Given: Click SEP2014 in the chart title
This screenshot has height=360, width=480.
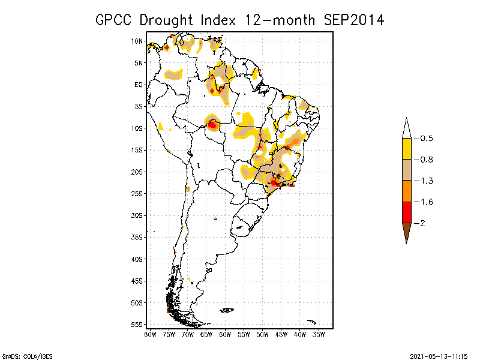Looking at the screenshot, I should tap(353, 20).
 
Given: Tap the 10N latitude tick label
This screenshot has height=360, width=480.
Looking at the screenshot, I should tap(137, 41).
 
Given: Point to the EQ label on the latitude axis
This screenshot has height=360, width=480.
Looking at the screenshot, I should tap(139, 85).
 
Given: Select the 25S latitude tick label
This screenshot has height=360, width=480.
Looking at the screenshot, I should tap(137, 194).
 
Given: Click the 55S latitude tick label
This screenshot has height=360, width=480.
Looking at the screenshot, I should tap(137, 325).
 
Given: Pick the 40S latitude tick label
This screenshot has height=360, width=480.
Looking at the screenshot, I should tap(137, 259).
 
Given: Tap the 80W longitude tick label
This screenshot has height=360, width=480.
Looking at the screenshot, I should tap(150, 334).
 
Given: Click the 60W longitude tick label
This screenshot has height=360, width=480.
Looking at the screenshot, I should tap(225, 334).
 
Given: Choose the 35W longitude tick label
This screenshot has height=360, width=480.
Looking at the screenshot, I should tap(319, 334).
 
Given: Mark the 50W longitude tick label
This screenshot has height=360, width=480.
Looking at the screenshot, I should tap(262, 334).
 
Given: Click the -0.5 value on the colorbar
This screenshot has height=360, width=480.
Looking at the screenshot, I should tap(425, 139).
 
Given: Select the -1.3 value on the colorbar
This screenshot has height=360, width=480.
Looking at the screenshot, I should tap(425, 181).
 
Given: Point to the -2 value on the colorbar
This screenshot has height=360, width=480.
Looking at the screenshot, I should tap(422, 223).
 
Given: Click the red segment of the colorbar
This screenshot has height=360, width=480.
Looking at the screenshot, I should tap(406, 212).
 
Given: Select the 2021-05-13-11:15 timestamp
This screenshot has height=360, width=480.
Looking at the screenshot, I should tap(439, 355).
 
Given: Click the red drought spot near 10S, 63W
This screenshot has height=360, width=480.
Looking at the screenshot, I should tap(212, 125).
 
